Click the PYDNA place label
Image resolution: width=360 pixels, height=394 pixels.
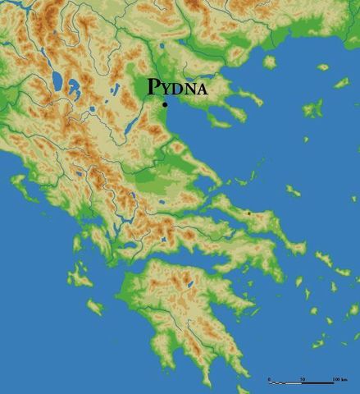(176, 88)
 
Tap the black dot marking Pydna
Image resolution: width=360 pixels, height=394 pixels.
(165, 104)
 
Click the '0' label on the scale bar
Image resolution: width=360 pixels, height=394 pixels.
(269, 378)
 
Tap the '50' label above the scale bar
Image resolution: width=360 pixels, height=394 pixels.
(303, 378)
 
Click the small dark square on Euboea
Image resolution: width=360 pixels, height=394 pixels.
(248, 213)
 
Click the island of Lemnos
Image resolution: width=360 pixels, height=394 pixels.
(312, 108)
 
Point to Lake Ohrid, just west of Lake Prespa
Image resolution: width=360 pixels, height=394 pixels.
(57, 80)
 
